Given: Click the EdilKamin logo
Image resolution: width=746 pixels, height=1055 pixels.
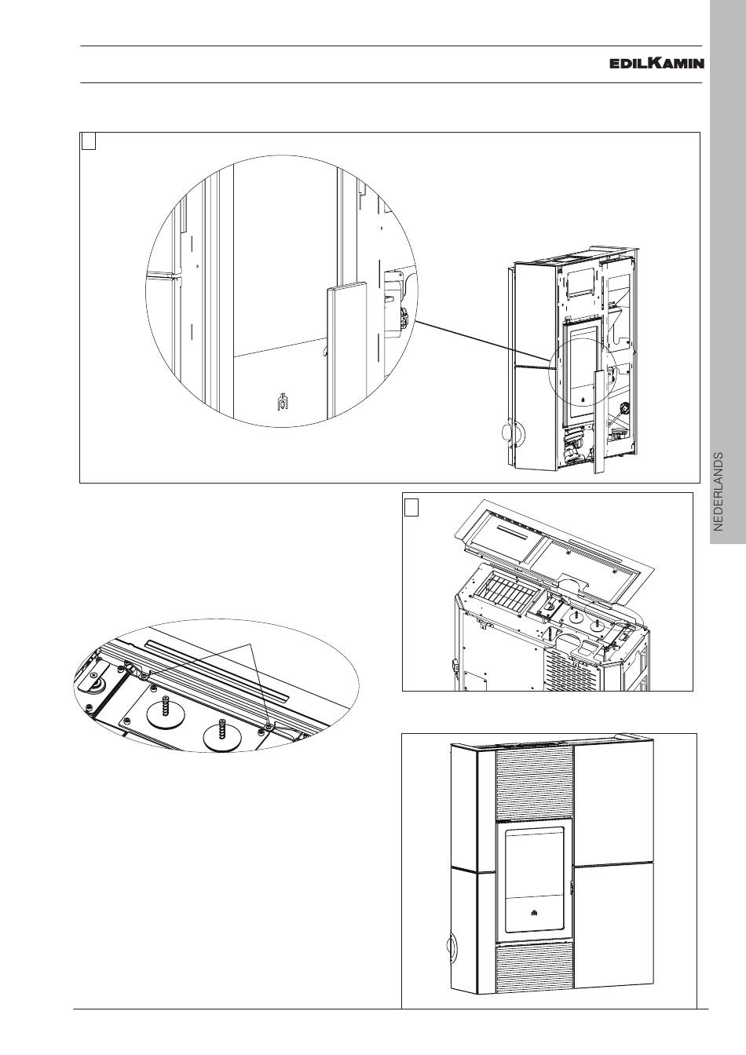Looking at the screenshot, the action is (x=657, y=63).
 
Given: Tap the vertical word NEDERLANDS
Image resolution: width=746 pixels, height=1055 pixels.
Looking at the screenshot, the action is (x=719, y=492).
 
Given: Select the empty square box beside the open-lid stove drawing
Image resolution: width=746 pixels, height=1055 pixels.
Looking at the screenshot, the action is (x=411, y=508).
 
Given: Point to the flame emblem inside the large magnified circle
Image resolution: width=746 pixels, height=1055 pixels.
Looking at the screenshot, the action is (x=282, y=401).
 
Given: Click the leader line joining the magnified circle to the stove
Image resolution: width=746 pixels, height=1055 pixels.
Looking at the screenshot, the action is (x=483, y=341).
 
